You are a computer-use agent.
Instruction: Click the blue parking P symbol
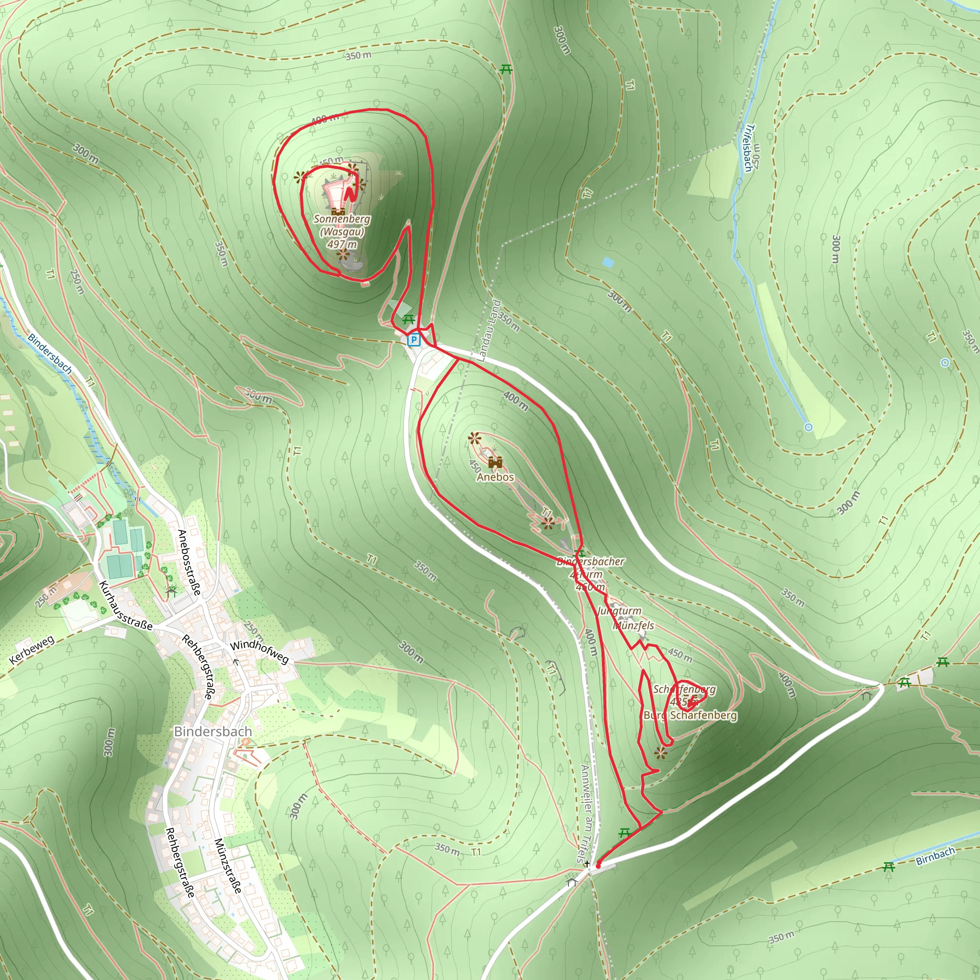pyautogui.click(x=414, y=340)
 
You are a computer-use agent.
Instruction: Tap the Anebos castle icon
pyautogui.click(x=495, y=462)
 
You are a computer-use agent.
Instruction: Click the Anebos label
pyautogui.click(x=495, y=477)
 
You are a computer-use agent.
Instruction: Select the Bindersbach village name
pyautogui.click(x=212, y=732)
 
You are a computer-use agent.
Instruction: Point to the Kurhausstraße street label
pyautogui.click(x=125, y=606)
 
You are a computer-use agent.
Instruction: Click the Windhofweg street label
pyautogui.click(x=259, y=652)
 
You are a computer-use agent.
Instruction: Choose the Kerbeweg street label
pyautogui.click(x=32, y=650)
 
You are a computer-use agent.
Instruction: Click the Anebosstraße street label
pyautogui.click(x=189, y=562)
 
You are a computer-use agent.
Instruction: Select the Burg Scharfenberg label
pyautogui.click(x=690, y=715)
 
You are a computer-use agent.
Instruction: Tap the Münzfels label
pyautogui.click(x=633, y=625)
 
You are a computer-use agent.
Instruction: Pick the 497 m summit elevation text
pyautogui.click(x=342, y=244)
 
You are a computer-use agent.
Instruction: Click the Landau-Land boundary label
pyautogui.click(x=489, y=331)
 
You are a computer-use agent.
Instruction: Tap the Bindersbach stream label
pyautogui.click(x=50, y=354)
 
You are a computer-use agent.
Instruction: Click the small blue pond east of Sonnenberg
pyautogui.click(x=608, y=262)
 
